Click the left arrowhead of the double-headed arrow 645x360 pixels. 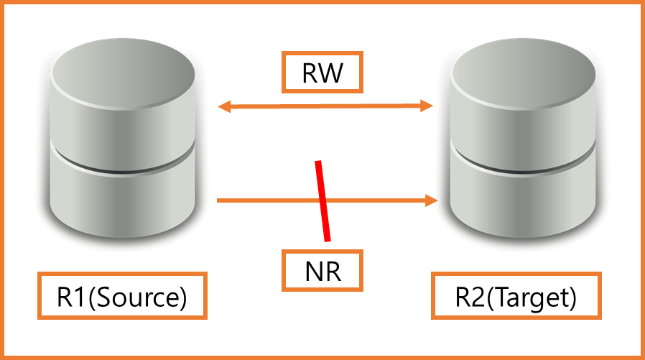[223, 107]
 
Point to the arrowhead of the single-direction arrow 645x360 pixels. [432, 200]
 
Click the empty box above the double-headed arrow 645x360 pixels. [322, 72]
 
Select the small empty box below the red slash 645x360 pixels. [322, 270]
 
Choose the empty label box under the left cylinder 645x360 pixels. [122, 295]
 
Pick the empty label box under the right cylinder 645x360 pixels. [516, 295]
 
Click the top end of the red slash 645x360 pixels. [317, 163]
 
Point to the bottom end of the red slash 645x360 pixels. [328, 239]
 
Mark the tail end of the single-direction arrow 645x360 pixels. [219, 200]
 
